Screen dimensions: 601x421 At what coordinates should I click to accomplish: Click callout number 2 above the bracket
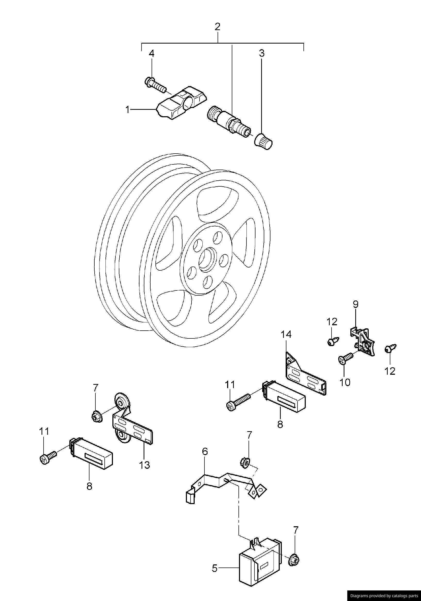(x=217, y=27)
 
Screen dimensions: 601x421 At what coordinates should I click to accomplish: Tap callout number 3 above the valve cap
(x=262, y=53)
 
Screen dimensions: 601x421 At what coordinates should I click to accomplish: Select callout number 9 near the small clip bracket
(x=355, y=304)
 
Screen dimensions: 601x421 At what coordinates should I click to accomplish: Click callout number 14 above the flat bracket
(x=286, y=335)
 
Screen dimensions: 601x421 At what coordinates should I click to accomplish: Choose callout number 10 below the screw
(x=345, y=382)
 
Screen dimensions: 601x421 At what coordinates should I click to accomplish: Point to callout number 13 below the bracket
(x=145, y=465)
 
